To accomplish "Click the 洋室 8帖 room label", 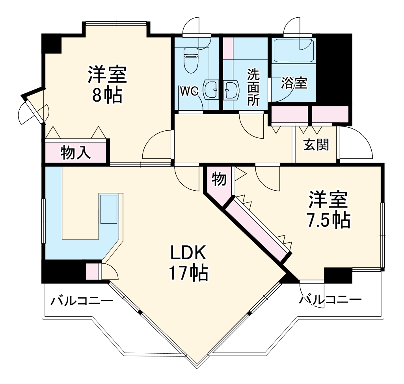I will (x=107, y=84).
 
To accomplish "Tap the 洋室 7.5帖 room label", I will (x=328, y=210).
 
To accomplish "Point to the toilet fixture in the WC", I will (x=191, y=60).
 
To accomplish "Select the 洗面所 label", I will (x=253, y=87).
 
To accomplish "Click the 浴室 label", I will (x=294, y=83).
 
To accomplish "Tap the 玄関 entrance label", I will (x=316, y=145).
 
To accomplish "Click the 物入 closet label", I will (x=76, y=152).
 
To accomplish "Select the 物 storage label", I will (x=219, y=179).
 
